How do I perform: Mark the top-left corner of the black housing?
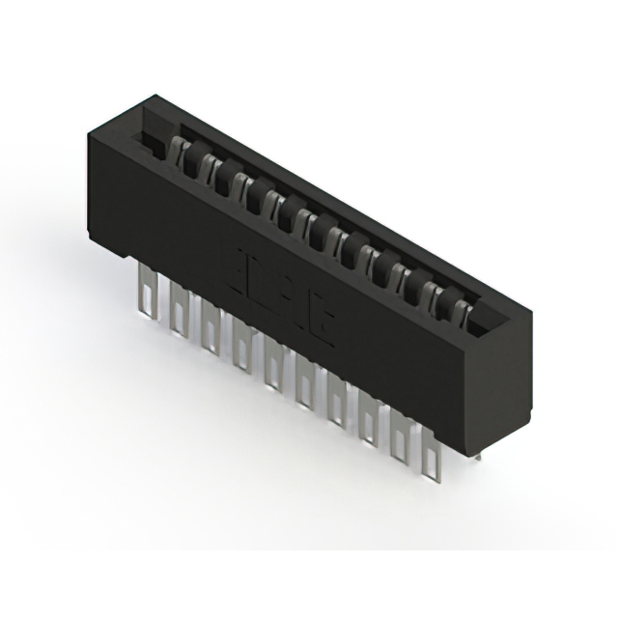[90, 136]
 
